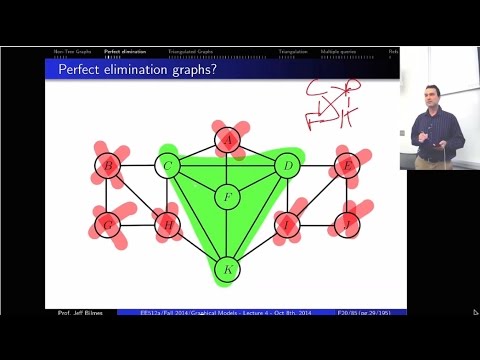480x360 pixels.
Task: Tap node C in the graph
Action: (169, 165)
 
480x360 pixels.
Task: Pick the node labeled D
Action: (287, 165)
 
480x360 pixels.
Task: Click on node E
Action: (347, 165)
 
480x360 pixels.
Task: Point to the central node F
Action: (228, 196)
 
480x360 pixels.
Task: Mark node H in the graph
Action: (169, 226)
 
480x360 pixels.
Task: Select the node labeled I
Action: (287, 226)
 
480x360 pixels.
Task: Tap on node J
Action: (347, 226)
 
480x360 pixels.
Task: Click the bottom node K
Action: (228, 269)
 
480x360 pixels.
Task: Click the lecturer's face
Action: (434, 97)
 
